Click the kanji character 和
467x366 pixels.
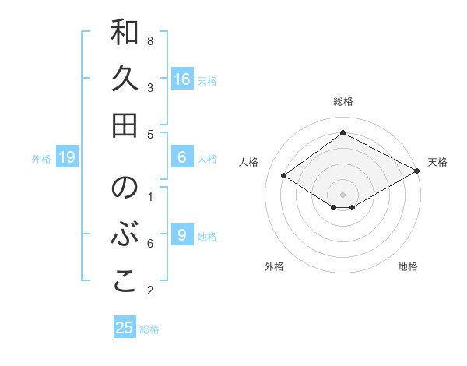pos(125,33)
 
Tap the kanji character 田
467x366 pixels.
pos(125,125)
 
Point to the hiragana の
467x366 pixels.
pos(125,188)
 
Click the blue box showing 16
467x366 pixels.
pos(182,79)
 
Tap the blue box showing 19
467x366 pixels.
pos(67,158)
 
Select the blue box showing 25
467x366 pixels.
pos(125,328)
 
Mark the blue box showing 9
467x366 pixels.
pos(181,234)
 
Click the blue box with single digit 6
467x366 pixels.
pos(181,157)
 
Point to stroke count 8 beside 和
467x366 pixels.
pos(150,40)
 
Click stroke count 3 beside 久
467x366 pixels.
pos(150,87)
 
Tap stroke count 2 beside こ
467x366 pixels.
pos(150,290)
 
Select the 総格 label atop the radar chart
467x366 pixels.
pos(343,102)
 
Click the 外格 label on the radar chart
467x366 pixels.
pos(274,267)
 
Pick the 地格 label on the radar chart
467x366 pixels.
pos(408,267)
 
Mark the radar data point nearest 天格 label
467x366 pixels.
pos(417,172)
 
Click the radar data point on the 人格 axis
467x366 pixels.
pos(284,176)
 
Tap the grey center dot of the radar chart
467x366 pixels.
pos(343,193)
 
